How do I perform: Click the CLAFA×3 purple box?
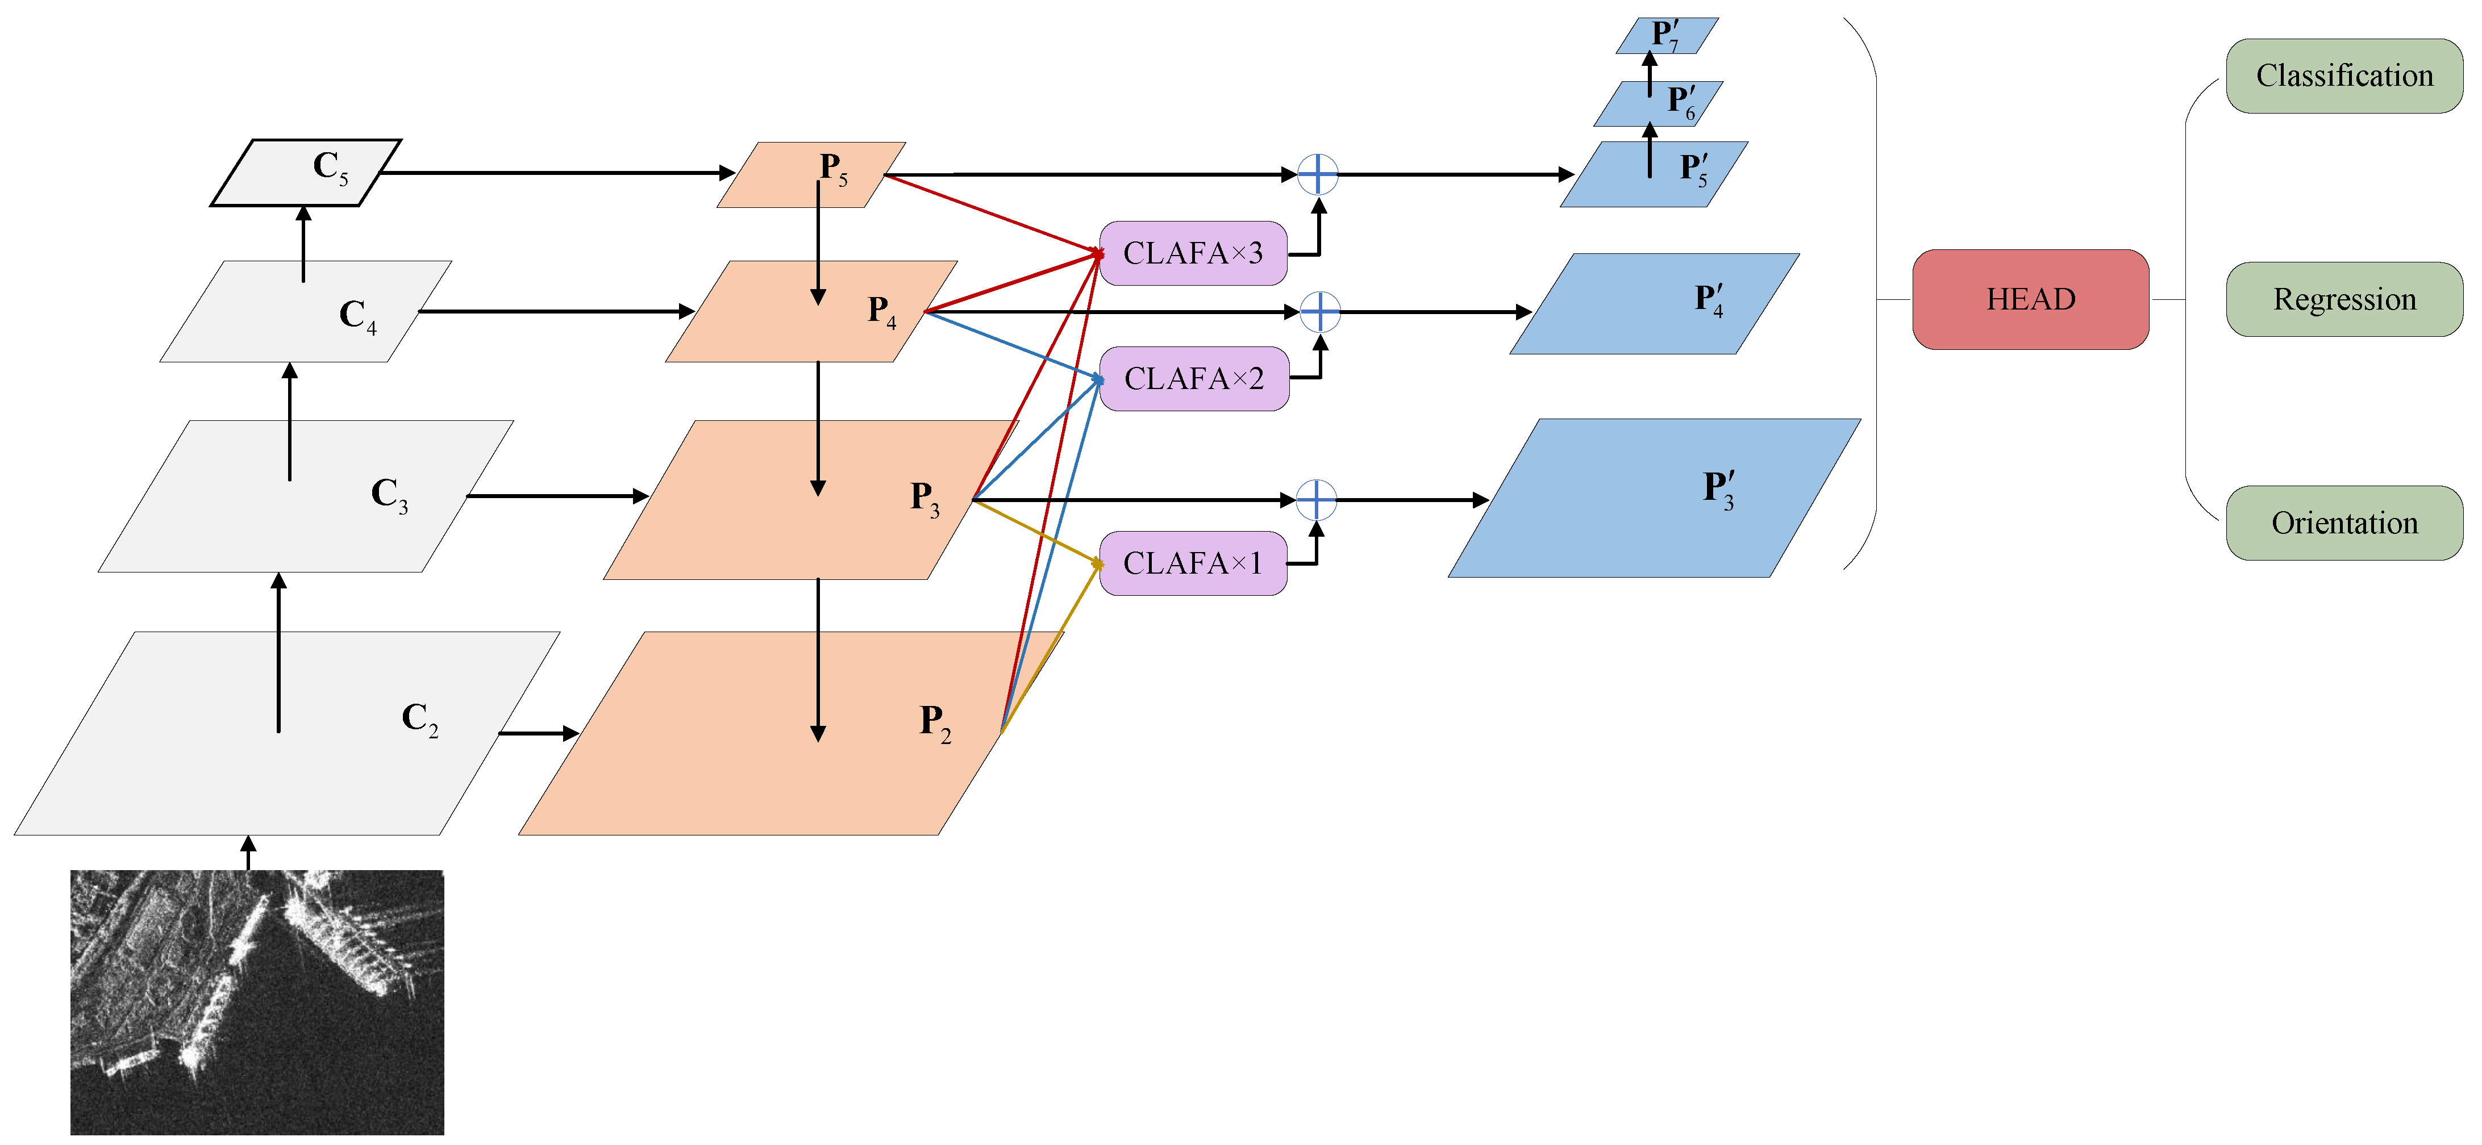click(x=1193, y=253)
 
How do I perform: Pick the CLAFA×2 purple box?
click(x=1194, y=378)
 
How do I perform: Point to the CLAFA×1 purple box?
click(x=1193, y=563)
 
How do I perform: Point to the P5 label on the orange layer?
click(x=834, y=169)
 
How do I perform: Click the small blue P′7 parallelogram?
click(x=1667, y=36)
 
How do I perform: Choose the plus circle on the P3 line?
click(x=1316, y=500)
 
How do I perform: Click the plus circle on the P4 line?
click(x=1320, y=312)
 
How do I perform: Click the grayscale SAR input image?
click(x=257, y=1001)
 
